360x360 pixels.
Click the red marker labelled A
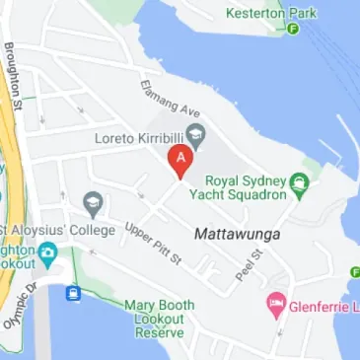tap(180, 161)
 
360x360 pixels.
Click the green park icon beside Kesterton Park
tap(294, 28)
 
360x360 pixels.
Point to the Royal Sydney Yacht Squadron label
tap(247, 187)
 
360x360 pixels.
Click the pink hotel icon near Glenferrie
tap(275, 305)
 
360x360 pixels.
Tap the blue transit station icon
tap(73, 293)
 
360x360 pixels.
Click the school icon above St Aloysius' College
tap(94, 204)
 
